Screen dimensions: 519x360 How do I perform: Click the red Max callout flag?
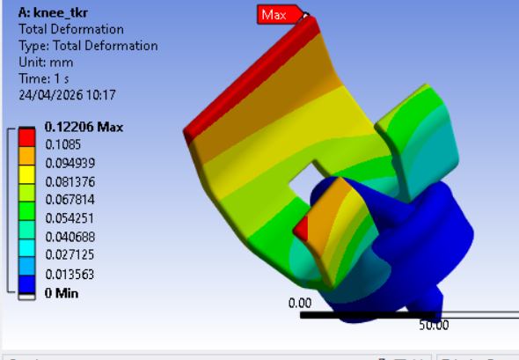(x=281, y=15)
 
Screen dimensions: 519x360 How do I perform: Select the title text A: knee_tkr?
(x=53, y=12)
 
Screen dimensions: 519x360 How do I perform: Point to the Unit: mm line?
(x=46, y=62)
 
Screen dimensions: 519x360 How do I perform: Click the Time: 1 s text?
(x=44, y=79)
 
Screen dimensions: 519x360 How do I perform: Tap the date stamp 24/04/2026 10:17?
(x=67, y=95)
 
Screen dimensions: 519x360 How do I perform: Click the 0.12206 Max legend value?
(x=84, y=127)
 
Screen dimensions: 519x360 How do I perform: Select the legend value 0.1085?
(x=62, y=144)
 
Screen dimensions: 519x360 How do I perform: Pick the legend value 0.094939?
(x=70, y=163)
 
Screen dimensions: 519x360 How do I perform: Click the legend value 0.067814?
(x=70, y=200)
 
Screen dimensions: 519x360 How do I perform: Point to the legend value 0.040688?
(x=70, y=237)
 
